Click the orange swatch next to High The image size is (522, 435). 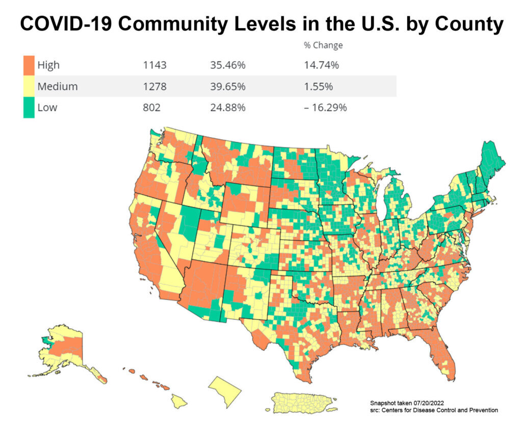point(29,65)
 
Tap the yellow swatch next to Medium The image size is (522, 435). point(29,86)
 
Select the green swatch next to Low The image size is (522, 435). point(29,108)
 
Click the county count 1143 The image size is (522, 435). point(155,65)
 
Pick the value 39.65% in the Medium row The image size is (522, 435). point(227,86)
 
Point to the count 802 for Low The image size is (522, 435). point(152,108)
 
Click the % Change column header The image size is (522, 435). point(323,45)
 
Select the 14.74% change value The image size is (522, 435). point(321,65)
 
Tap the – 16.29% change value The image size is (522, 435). point(325,108)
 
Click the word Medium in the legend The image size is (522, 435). point(57,86)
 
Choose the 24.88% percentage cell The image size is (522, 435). point(227,108)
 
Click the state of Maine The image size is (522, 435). point(489,164)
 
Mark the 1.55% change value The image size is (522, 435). point(319,86)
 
